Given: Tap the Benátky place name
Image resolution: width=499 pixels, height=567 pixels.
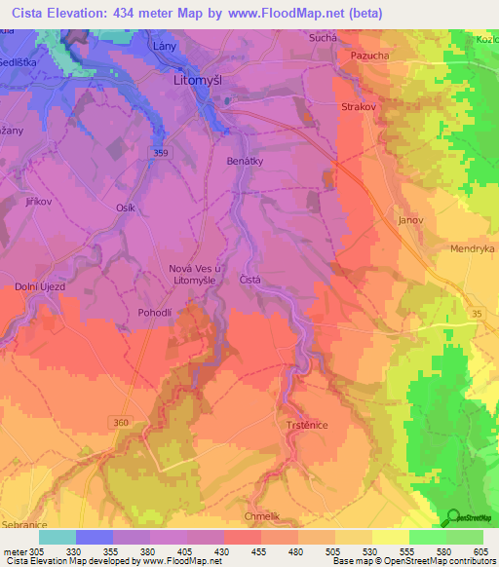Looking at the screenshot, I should [244, 160].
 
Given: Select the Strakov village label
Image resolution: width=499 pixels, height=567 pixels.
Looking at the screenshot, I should [358, 107].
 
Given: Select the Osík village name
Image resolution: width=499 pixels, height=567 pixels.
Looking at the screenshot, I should [127, 208].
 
